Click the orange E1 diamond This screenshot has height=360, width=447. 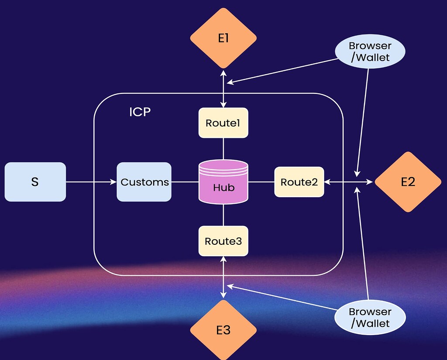click(223, 38)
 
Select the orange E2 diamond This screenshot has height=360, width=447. click(408, 182)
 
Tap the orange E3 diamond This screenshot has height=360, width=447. click(223, 330)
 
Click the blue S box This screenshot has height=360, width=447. click(35, 182)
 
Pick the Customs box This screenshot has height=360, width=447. click(144, 182)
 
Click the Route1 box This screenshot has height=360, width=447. click(223, 123)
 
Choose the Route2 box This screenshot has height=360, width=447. click(299, 182)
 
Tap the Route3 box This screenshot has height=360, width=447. click(223, 241)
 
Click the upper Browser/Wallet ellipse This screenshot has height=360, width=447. click(370, 51)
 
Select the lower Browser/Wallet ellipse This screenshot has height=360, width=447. click(370, 317)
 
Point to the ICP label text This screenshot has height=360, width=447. click(140, 112)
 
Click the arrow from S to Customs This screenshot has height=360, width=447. click(91, 182)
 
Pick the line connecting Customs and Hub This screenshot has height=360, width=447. click(185, 182)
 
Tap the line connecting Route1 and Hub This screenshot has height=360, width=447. click(223, 149)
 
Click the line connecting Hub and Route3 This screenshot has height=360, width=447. click(223, 215)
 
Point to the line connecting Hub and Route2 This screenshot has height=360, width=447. click(261, 182)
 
